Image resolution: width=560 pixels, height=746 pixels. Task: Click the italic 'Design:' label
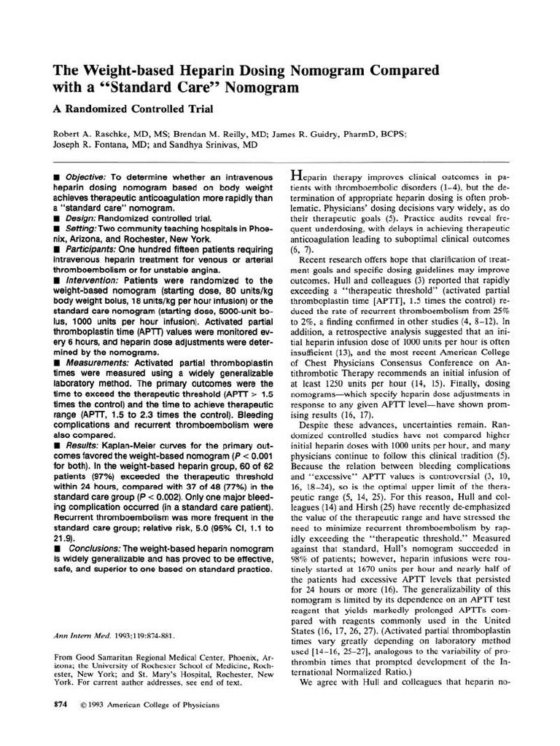pos(81,219)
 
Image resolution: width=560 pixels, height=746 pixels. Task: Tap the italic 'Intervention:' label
pos(92,280)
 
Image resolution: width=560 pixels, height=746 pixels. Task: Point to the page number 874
pos(61,704)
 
